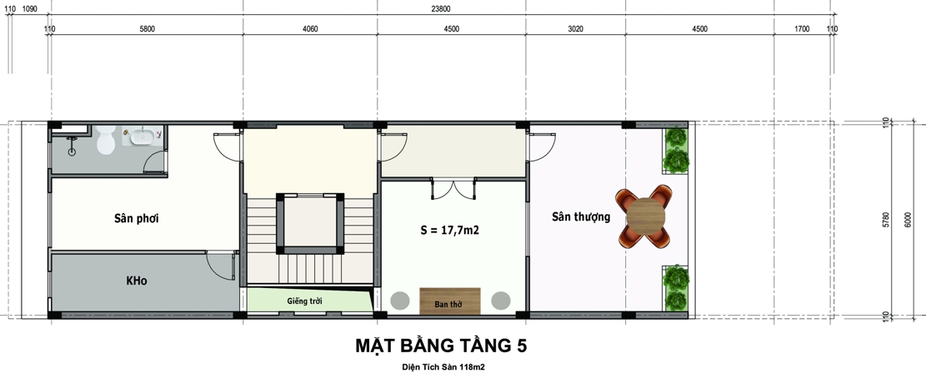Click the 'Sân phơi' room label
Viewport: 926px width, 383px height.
[137, 219]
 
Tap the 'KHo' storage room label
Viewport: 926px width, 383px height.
[137, 281]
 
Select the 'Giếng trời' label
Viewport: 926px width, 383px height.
[305, 301]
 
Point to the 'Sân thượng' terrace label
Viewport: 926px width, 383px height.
[581, 217]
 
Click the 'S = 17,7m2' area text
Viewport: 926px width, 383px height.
[449, 231]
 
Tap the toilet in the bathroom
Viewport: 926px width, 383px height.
[106, 142]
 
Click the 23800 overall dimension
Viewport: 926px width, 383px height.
[442, 9]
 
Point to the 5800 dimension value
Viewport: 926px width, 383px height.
[147, 29]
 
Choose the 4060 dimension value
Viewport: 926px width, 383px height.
[309, 29]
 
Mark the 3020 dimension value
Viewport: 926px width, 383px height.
[575, 29]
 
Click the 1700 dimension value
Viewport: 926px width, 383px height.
[802, 29]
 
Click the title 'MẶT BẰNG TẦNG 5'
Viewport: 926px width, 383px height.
[441, 345]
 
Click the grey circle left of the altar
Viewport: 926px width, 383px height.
[400, 301]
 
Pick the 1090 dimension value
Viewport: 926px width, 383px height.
[29, 9]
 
